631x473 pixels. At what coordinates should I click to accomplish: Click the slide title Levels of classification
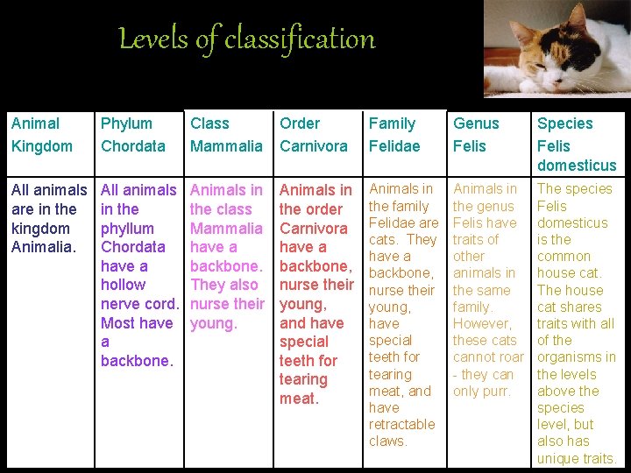point(246,39)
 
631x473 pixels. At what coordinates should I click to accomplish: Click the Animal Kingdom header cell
point(42,135)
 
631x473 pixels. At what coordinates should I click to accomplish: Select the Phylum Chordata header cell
point(133,135)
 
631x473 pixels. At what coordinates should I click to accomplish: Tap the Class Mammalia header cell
point(226,135)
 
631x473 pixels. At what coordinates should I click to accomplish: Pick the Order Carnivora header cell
point(314,135)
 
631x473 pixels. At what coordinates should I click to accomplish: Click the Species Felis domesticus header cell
point(577,145)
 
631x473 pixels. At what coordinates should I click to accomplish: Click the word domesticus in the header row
point(577,166)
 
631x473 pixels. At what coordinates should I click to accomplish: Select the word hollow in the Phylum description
point(123,285)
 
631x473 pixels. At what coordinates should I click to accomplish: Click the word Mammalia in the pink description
point(226,229)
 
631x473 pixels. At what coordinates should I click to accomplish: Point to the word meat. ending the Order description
point(298,399)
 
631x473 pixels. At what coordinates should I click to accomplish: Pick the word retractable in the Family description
point(401,424)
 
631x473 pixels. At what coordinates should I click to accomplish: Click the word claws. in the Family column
point(388,441)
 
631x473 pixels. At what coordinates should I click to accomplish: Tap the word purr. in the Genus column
point(494,391)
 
